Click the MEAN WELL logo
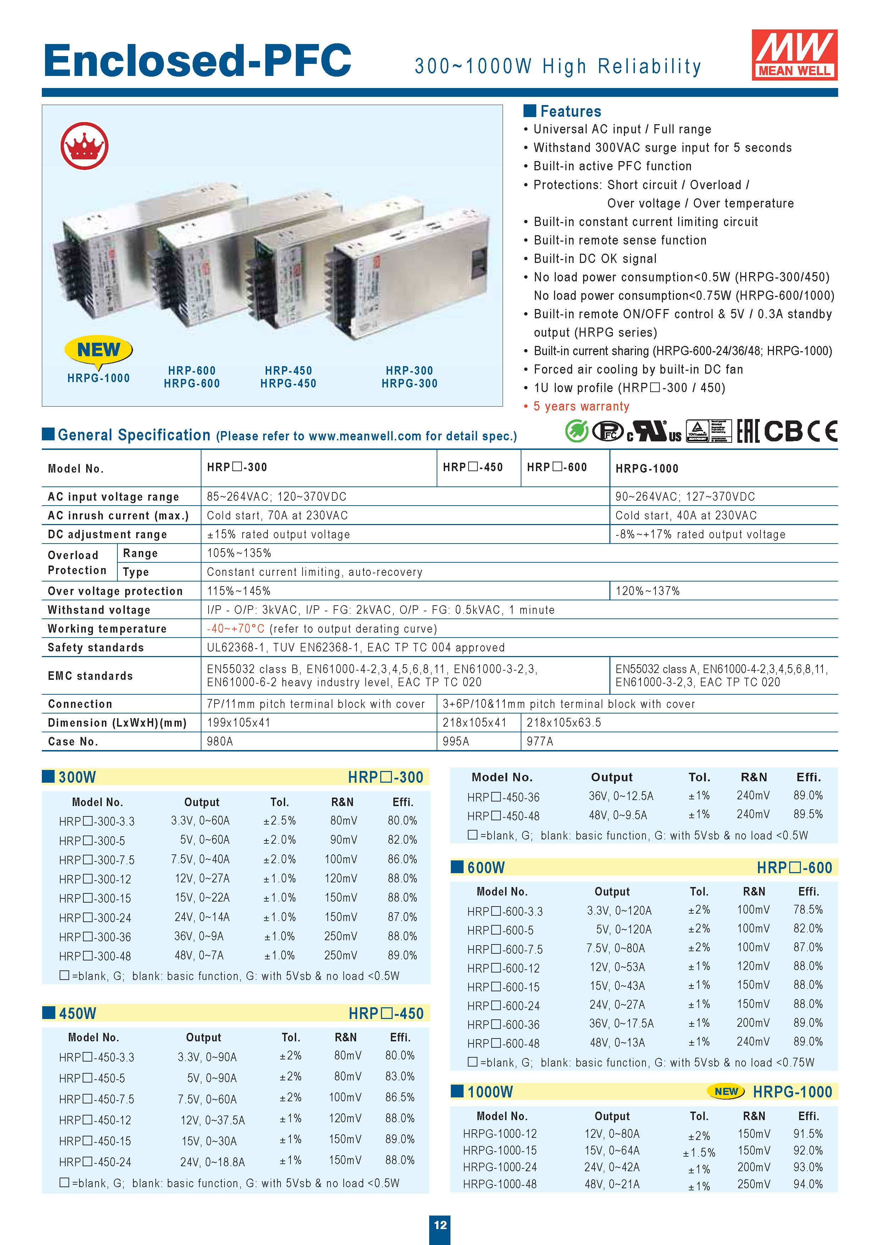click(794, 55)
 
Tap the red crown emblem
click(84, 146)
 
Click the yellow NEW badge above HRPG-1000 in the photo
click(98, 350)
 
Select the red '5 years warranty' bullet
click(581, 406)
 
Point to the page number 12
click(440, 1224)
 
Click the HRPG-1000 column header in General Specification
click(647, 468)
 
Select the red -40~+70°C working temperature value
click(235, 628)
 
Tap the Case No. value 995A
click(455, 741)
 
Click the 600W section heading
click(486, 867)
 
